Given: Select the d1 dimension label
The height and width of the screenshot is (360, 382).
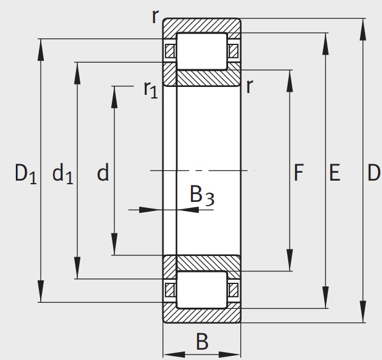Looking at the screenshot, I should (63, 175).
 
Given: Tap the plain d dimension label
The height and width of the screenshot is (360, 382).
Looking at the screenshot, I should (103, 174).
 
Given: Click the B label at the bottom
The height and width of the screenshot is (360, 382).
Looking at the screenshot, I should (202, 342).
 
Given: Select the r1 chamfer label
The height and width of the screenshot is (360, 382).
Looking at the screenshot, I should (150, 89).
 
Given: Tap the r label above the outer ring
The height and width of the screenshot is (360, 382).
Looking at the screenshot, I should (156, 16).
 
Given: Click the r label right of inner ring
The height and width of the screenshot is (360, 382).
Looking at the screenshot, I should (249, 86).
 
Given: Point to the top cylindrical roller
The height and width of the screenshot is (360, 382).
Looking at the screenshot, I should (201, 50).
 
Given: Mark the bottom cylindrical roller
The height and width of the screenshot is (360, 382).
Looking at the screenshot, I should (201, 289).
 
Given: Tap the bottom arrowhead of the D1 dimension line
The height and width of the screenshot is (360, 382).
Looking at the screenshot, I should (41, 296).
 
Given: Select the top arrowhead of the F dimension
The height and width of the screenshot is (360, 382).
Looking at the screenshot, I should (290, 77).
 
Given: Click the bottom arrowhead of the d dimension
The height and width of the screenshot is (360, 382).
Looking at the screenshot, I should (114, 249).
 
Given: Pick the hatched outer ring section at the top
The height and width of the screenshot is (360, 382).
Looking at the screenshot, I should (201, 26).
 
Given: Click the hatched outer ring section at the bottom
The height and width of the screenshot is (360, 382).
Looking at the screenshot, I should (201, 315).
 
